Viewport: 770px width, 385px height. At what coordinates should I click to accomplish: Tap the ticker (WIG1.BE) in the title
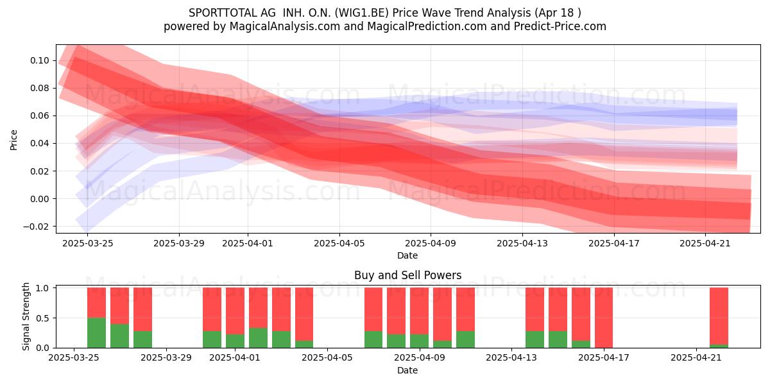click(362, 13)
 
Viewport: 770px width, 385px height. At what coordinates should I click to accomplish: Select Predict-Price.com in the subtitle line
click(560, 26)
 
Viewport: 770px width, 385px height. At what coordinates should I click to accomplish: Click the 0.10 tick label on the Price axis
click(40, 60)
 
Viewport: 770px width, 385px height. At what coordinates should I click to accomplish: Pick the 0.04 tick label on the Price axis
click(40, 143)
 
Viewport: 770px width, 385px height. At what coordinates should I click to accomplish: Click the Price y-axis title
click(13, 140)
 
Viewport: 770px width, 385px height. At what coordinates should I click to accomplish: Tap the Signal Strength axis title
click(26, 316)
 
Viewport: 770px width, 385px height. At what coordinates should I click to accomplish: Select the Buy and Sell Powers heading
click(407, 275)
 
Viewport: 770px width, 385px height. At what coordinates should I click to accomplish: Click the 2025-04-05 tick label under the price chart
click(339, 243)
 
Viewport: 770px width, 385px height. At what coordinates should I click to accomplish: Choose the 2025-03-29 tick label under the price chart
click(179, 243)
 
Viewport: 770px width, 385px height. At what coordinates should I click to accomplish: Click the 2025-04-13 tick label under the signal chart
click(511, 357)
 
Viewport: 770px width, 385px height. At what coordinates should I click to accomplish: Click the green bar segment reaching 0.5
click(97, 333)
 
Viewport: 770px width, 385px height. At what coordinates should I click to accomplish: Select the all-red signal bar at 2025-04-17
click(604, 318)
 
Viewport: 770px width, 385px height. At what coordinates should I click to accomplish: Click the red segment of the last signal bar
click(719, 316)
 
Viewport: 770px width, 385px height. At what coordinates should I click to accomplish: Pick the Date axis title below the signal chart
click(407, 370)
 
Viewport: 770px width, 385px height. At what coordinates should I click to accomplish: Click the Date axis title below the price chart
click(407, 255)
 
